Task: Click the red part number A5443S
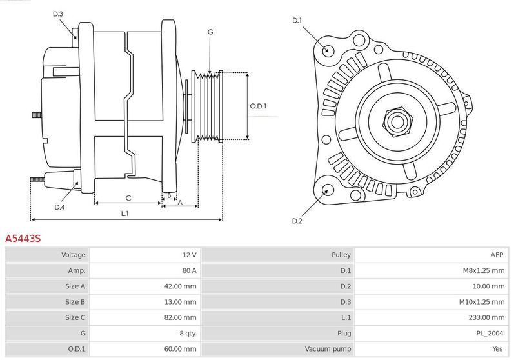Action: [x=23, y=238]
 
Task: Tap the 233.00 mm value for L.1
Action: [x=486, y=317]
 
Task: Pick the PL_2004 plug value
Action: [x=490, y=334]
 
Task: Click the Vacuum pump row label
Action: [x=328, y=349]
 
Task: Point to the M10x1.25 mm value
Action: [x=482, y=302]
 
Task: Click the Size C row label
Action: [x=75, y=317]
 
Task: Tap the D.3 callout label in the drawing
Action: [x=57, y=14]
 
